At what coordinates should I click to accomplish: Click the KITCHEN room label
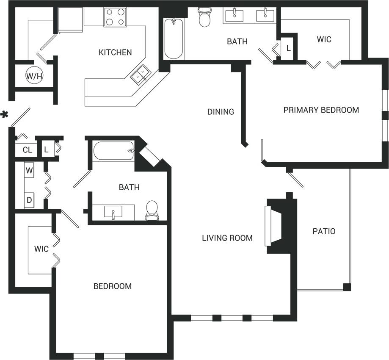115,53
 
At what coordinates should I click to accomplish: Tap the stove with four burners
116,17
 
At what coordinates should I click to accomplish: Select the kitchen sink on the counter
140,76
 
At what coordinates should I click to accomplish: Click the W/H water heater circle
34,76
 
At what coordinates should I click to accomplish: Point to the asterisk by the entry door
5,115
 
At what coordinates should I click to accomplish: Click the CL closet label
27,150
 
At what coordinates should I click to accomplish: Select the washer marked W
30,171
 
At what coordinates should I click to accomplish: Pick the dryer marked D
30,200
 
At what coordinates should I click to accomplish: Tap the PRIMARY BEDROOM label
321,110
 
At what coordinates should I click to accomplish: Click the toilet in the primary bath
205,17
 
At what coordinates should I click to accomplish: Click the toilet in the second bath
152,210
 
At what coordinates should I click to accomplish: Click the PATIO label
324,231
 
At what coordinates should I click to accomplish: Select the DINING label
221,112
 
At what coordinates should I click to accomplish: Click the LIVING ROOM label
227,238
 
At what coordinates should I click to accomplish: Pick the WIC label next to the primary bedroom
324,39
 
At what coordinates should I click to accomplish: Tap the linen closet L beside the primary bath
288,48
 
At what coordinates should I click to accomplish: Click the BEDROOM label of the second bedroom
112,286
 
